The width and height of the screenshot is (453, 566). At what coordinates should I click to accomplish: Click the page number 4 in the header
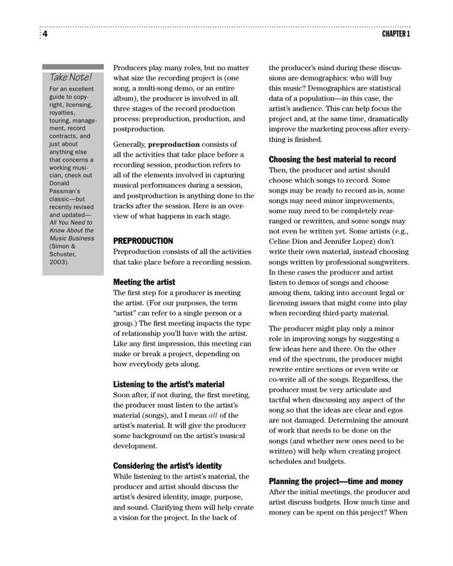pyautogui.click(x=45, y=34)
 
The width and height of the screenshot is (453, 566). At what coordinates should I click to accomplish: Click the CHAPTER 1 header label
pyautogui.click(x=396, y=34)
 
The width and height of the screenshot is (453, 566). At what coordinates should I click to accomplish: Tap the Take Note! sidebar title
pyautogui.click(x=71, y=77)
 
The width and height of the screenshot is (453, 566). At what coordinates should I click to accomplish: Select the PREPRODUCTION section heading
pyautogui.click(x=143, y=241)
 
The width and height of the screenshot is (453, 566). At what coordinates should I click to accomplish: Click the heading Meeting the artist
pyautogui.click(x=144, y=282)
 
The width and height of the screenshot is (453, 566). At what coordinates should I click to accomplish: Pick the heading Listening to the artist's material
pyautogui.click(x=169, y=384)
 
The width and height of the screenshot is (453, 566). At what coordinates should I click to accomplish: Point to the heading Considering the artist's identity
pyautogui.click(x=167, y=465)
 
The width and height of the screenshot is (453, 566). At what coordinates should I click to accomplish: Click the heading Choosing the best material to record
pyautogui.click(x=332, y=159)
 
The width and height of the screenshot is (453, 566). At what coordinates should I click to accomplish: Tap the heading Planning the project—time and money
pyautogui.click(x=336, y=481)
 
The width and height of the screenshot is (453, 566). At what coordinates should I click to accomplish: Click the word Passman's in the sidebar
pyautogui.click(x=65, y=191)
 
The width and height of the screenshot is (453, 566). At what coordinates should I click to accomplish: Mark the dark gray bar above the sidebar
pyautogui.click(x=73, y=66)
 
